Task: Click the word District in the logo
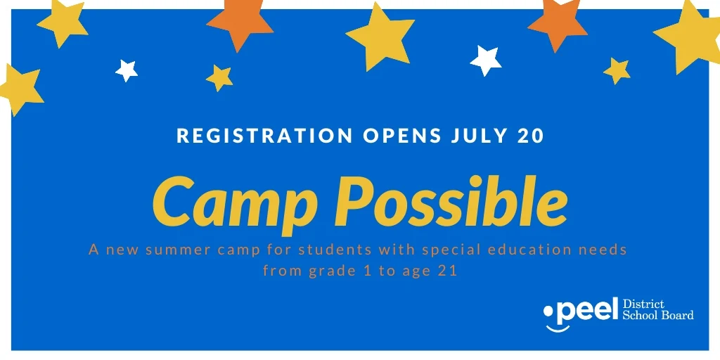point(644,304)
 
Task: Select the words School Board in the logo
point(658,315)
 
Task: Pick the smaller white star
point(127,70)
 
